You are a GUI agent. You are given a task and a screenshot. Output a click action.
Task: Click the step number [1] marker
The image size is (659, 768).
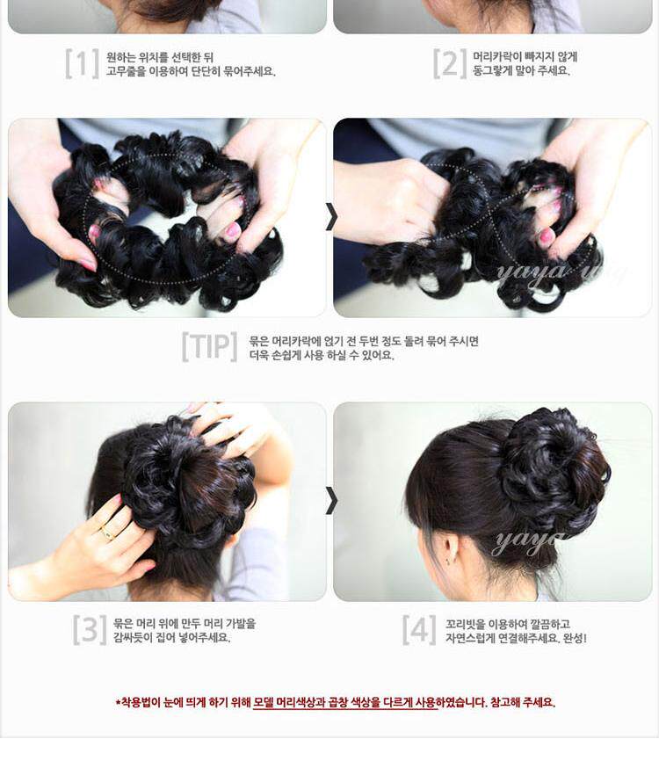82,63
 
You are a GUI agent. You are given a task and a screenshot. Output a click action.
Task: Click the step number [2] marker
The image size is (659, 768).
449,63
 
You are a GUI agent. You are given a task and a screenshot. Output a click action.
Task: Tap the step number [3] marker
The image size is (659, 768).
90,629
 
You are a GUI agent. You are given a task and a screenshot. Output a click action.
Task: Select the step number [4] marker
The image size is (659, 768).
419,629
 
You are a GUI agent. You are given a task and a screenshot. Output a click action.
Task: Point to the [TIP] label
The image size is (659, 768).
209,347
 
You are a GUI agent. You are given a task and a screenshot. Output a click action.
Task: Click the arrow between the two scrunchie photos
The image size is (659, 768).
330,216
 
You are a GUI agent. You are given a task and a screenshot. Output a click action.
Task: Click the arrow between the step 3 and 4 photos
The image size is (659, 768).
330,500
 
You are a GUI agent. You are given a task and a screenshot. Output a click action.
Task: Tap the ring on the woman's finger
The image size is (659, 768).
106,532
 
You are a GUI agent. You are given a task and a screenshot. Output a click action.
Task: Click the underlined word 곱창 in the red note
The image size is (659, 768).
358,702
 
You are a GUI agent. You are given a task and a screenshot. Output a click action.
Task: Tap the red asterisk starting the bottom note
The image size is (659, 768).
119,702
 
